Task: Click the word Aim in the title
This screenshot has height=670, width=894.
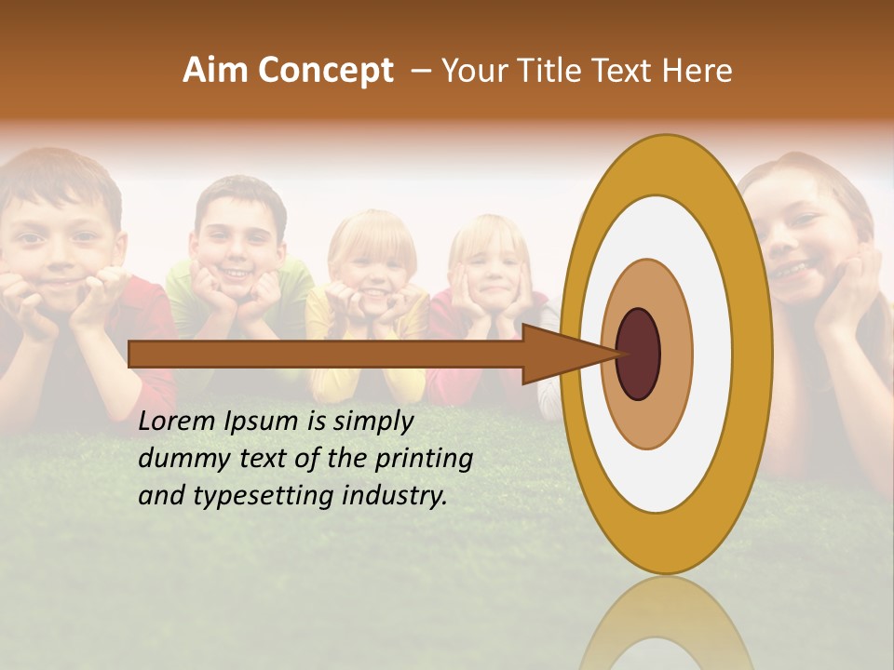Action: coord(216,71)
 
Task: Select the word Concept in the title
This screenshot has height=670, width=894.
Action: coord(325,71)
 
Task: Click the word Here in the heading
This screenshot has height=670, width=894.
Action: coord(698,71)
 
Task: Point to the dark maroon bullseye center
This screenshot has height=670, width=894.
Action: coord(639,355)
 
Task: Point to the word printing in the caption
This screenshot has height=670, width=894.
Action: coord(424,460)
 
